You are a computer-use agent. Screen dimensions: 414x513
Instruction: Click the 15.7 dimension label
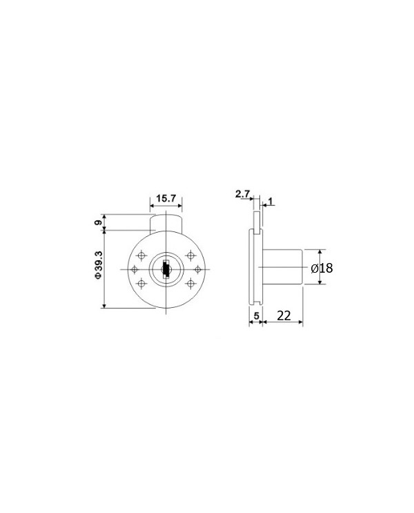tap(166, 198)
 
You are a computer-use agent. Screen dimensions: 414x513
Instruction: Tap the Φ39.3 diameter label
tap(99, 264)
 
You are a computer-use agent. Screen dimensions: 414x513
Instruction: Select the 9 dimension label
tap(98, 223)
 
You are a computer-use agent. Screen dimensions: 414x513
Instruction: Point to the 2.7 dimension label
tap(242, 194)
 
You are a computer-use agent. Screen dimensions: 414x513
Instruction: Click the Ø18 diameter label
tap(322, 269)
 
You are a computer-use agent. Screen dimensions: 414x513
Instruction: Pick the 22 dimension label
tap(284, 315)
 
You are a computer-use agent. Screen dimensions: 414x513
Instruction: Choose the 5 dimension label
tap(257, 316)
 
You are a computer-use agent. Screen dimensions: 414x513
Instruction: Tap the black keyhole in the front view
tap(166, 269)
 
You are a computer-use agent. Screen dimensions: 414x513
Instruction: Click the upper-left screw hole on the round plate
tap(141, 255)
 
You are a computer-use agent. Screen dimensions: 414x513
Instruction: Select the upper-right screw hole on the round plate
tap(190, 255)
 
